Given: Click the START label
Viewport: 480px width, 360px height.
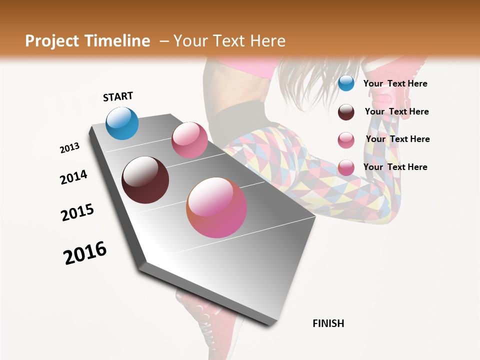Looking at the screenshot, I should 118,96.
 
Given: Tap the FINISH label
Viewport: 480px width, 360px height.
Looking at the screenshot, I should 328,323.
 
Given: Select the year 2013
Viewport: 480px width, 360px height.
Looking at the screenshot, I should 70,148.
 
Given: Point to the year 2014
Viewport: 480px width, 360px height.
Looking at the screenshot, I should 73,177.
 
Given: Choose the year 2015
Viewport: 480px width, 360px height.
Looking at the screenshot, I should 77,212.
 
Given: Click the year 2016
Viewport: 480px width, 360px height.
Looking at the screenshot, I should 85,253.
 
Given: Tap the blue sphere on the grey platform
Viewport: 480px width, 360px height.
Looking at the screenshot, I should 122,123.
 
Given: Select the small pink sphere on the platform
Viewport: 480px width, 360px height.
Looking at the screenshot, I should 189,140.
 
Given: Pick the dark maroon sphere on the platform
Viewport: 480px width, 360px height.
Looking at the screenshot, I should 145,180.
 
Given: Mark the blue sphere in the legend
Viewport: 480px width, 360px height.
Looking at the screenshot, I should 346,83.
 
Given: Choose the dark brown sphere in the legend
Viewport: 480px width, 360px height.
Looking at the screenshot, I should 346,112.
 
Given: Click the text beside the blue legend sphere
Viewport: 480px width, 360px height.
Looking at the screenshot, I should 395,83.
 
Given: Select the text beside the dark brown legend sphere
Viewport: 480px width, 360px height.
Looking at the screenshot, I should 396,111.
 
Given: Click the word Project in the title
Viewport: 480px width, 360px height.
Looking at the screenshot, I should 52,41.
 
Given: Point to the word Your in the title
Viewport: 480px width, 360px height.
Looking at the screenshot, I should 190,41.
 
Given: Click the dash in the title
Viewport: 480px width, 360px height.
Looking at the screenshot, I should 164,41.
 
